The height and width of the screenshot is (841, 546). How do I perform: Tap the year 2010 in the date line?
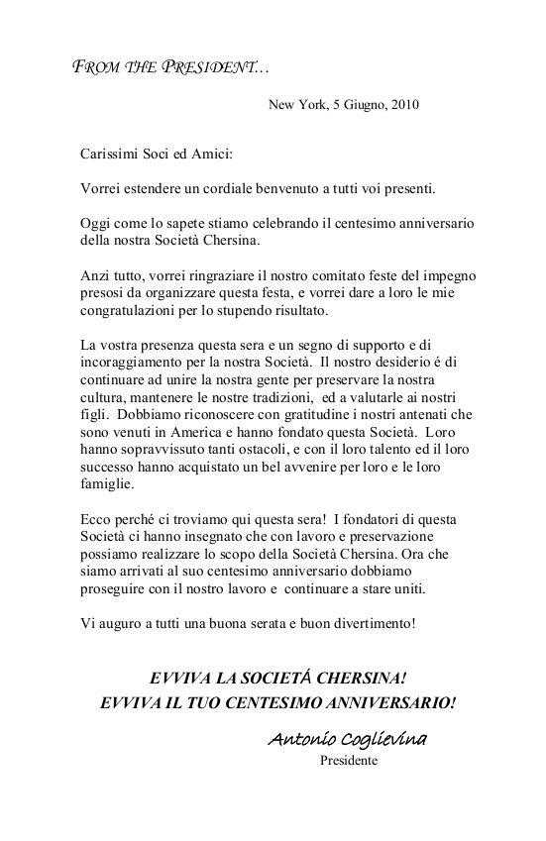pos(403,103)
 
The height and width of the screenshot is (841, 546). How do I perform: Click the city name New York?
pos(295,103)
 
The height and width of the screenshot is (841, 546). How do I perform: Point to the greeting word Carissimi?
pos(111,155)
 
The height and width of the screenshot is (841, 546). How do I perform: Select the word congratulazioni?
pos(130,309)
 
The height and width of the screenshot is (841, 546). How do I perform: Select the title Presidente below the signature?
pos(348,761)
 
